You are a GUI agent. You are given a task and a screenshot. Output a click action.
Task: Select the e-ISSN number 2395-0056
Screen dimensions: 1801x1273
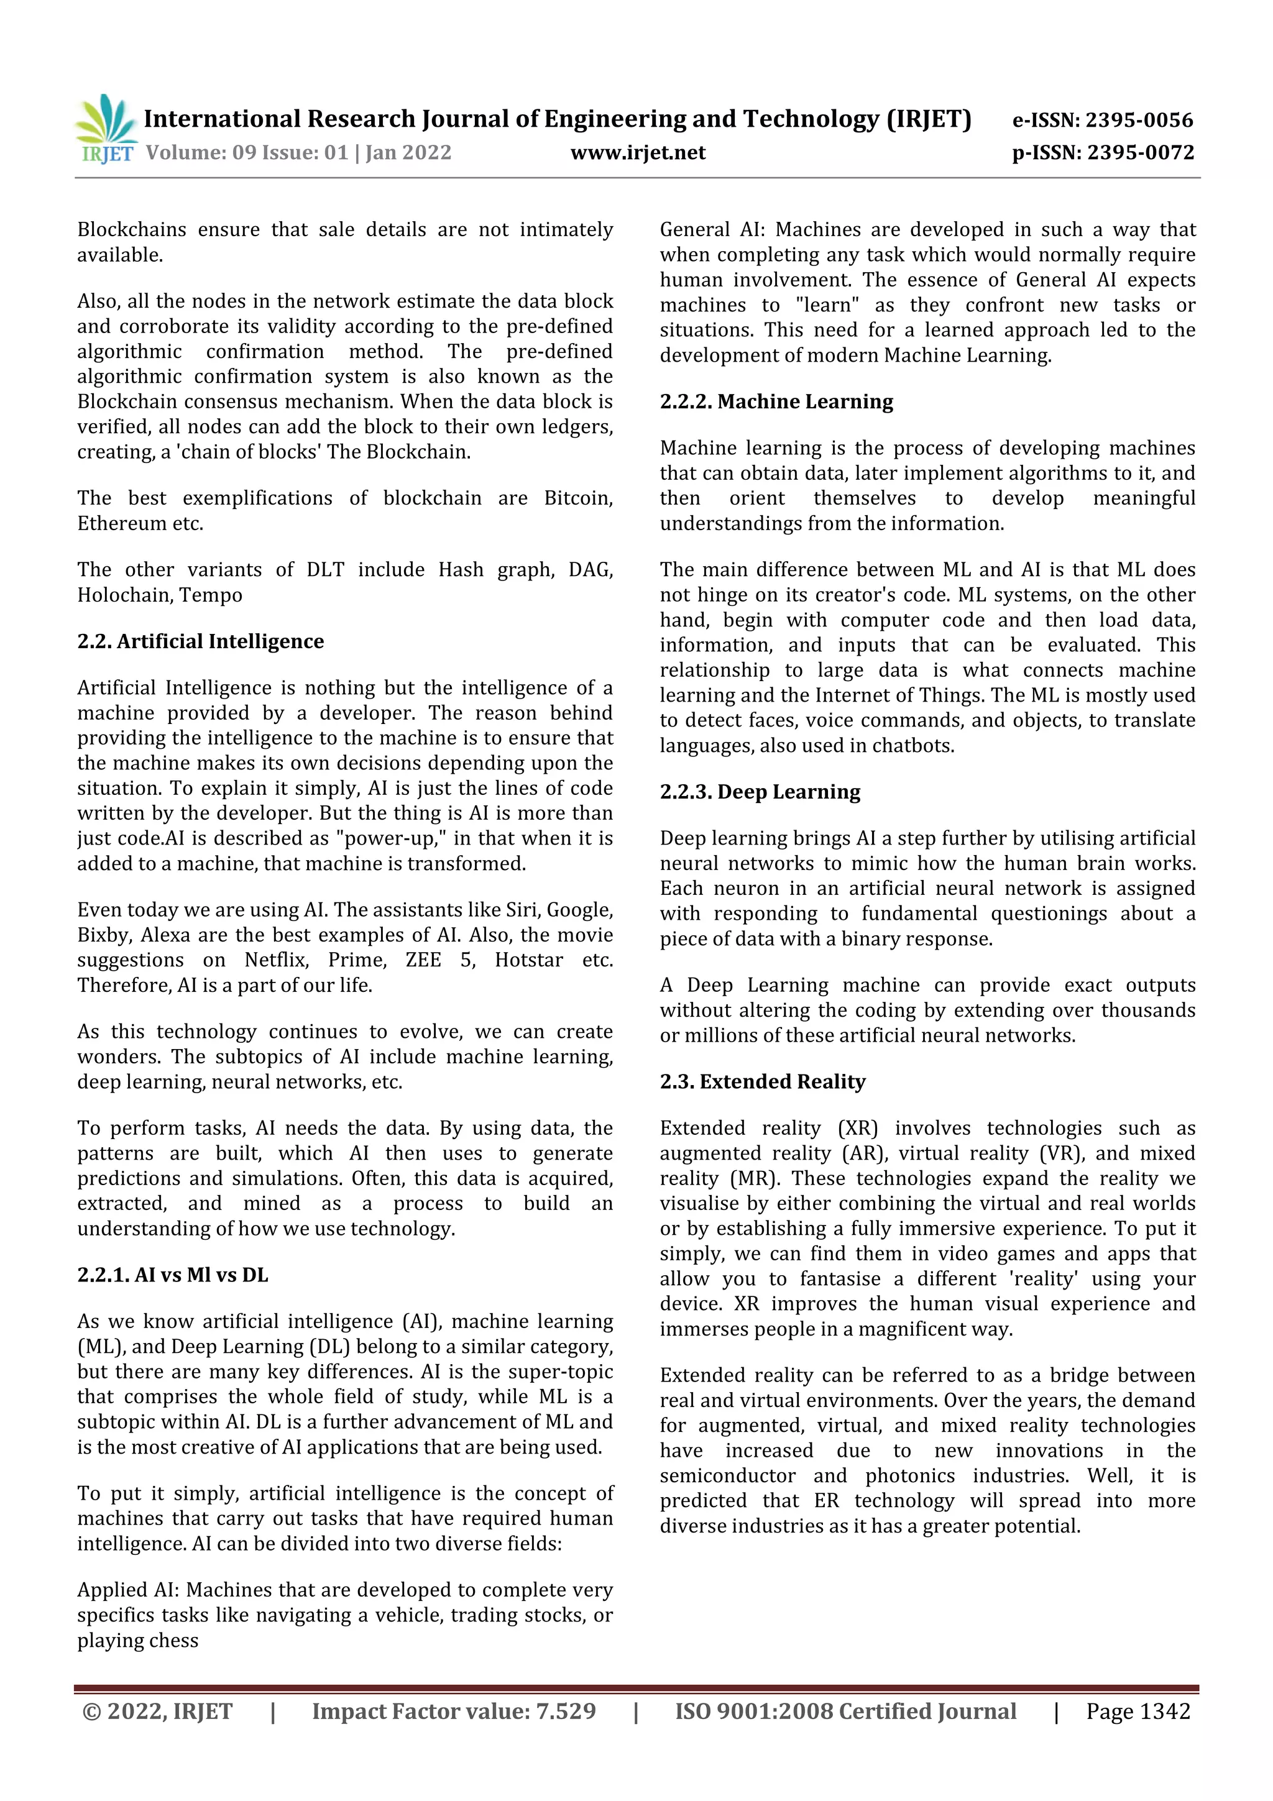1138,120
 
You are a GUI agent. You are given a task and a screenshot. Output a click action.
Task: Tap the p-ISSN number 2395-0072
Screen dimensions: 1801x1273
1141,152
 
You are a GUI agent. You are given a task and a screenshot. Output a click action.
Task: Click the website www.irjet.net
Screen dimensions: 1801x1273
638,152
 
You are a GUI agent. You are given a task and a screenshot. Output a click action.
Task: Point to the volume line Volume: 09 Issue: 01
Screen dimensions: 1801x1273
247,152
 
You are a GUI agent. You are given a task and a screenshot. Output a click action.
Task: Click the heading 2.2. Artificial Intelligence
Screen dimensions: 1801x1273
200,641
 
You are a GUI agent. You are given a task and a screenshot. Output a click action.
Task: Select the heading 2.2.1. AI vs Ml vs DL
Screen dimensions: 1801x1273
173,1275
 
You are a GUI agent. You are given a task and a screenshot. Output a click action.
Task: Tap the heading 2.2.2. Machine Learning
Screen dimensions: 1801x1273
776,401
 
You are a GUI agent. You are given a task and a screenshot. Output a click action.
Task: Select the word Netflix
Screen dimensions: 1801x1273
276,960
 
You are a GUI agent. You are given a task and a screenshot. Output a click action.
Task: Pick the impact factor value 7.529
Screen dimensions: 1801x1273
565,1711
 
